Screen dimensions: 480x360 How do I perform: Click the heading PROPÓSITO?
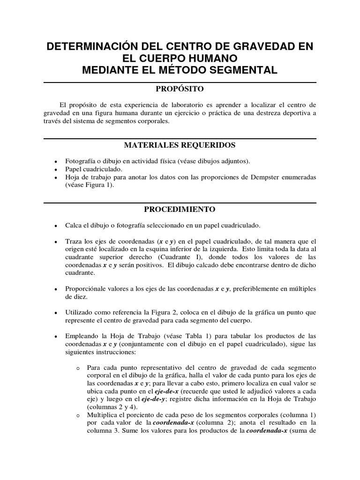coord(180,89)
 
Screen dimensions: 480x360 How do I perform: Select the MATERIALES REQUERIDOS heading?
coord(180,145)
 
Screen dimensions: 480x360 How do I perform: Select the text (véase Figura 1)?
coord(90,186)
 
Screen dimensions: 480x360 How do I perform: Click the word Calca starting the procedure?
coord(74,225)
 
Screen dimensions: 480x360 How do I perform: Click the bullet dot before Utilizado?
coord(56,313)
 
